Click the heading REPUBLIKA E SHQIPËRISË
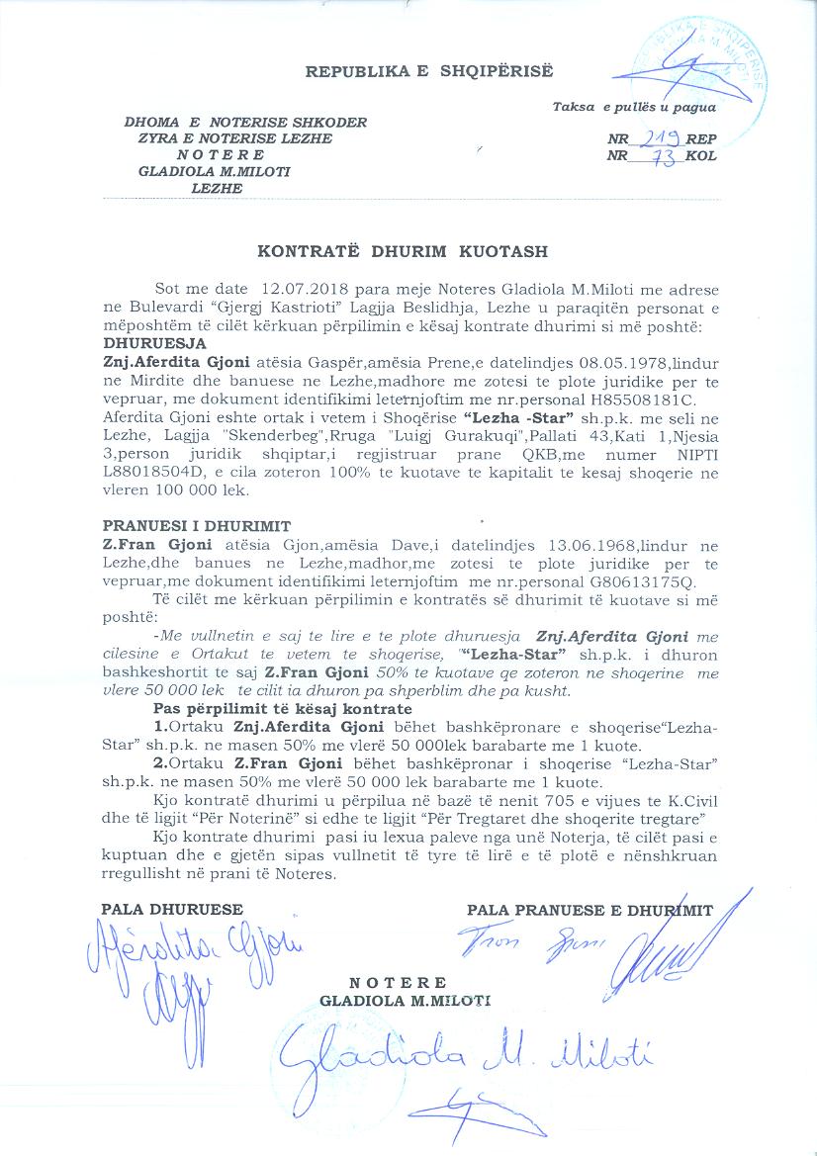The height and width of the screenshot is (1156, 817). (x=429, y=72)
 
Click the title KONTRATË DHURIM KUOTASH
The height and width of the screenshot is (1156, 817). (x=402, y=252)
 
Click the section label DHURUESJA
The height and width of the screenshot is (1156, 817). (x=154, y=343)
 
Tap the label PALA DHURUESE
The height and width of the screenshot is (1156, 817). (x=172, y=909)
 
